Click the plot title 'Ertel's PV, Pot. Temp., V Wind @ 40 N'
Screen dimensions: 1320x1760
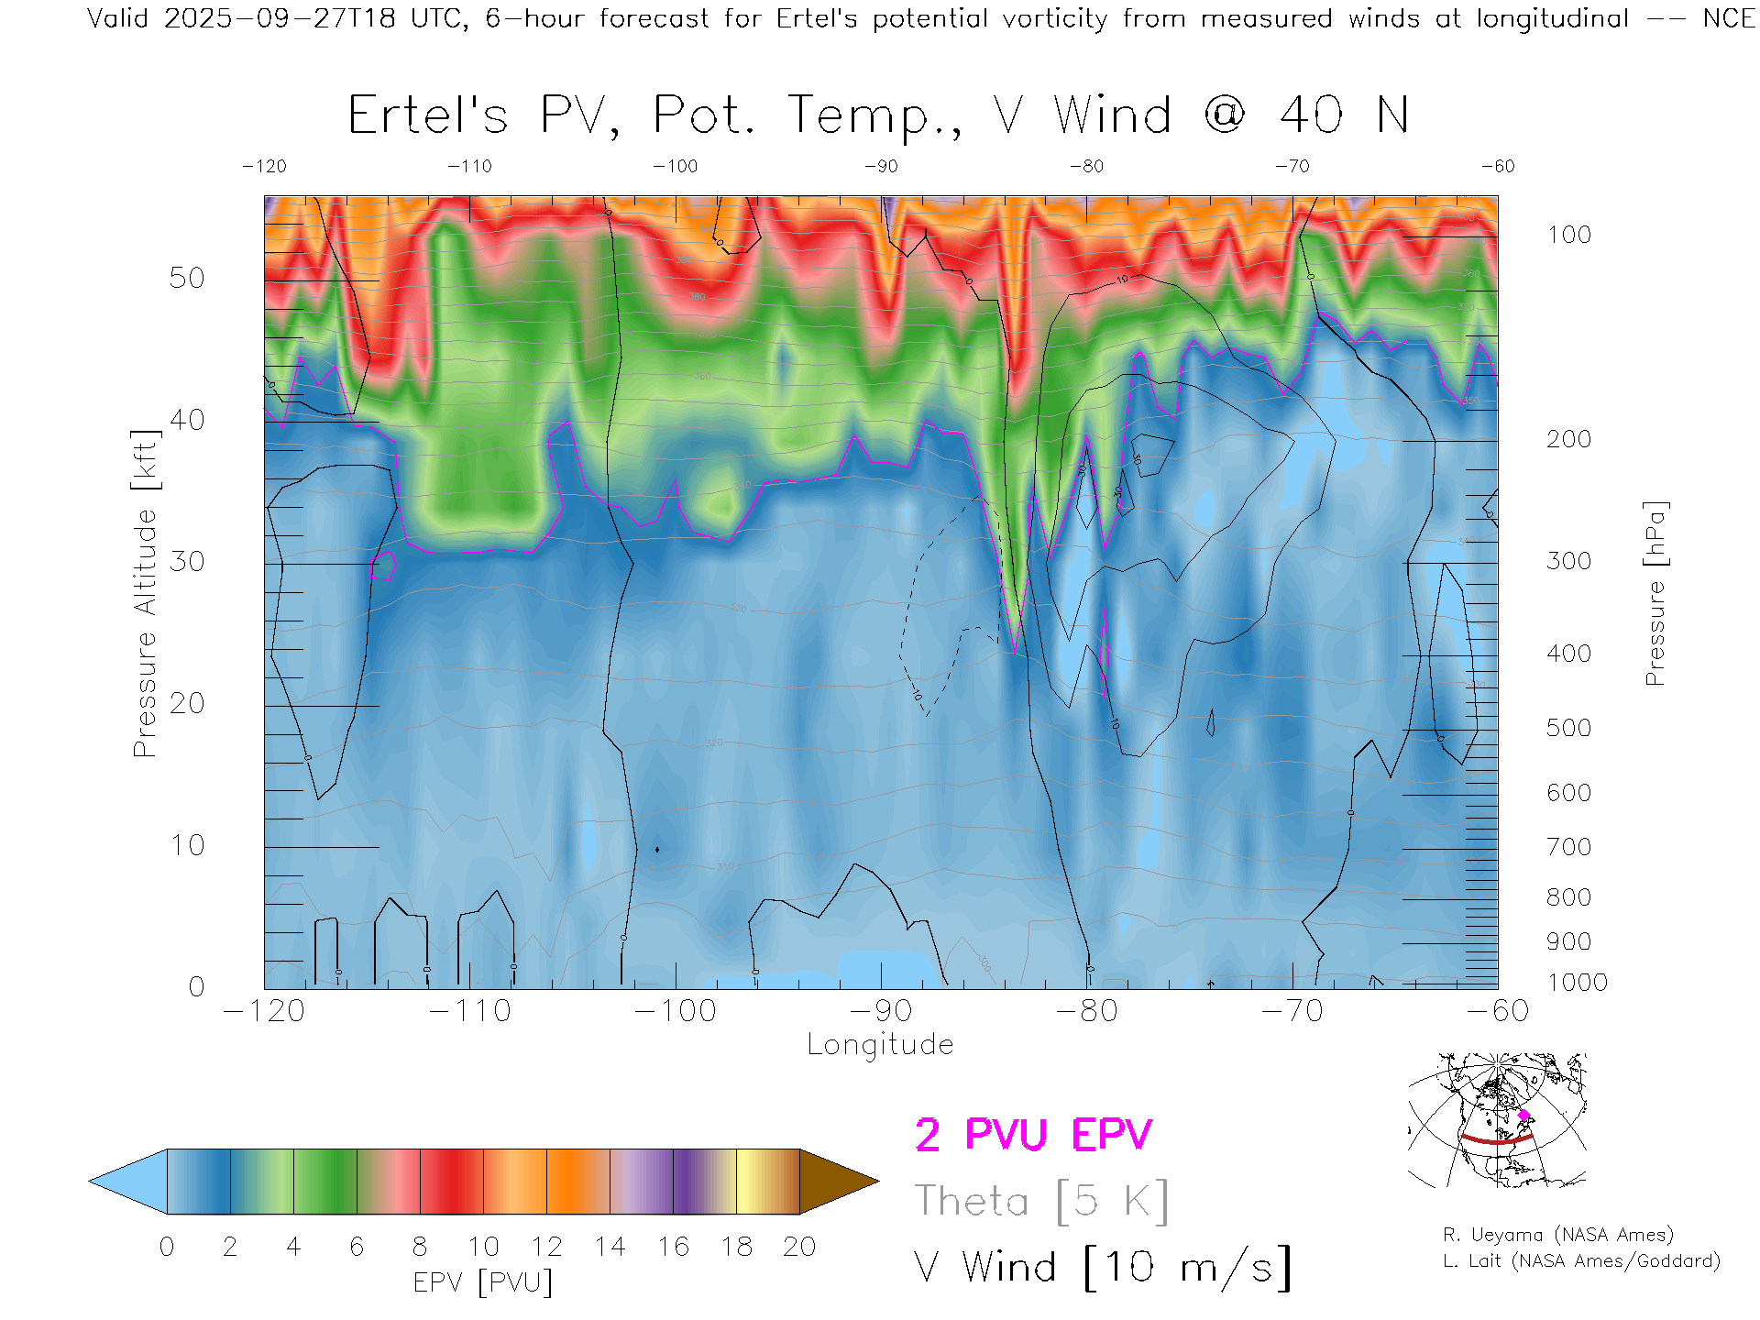pyautogui.click(x=878, y=116)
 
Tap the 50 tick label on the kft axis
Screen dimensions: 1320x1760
pyautogui.click(x=187, y=278)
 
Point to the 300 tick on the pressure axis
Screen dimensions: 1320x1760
pyautogui.click(x=1568, y=561)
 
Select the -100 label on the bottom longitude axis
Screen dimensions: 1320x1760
pyautogui.click(x=676, y=1011)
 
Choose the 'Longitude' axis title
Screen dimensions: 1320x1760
pyautogui.click(x=880, y=1045)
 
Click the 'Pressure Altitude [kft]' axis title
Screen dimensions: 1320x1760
pyautogui.click(x=146, y=594)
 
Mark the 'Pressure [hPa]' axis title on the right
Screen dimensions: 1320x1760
pyautogui.click(x=1655, y=594)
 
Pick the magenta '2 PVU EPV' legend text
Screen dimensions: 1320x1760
pyautogui.click(x=1033, y=1135)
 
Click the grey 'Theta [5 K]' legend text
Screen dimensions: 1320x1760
pyautogui.click(x=1041, y=1201)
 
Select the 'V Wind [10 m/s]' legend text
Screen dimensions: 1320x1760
pyautogui.click(x=1103, y=1268)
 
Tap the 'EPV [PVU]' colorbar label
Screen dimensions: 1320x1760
pyautogui.click(x=483, y=1282)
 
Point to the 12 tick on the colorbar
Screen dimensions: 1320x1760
pyautogui.click(x=546, y=1247)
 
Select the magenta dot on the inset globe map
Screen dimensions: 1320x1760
pyautogui.click(x=1524, y=1115)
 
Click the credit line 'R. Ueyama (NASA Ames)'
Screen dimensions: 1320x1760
pyautogui.click(x=1558, y=1235)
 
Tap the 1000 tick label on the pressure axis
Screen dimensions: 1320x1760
pyautogui.click(x=1577, y=983)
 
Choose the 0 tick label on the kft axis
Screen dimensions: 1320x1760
pyautogui.click(x=196, y=987)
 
